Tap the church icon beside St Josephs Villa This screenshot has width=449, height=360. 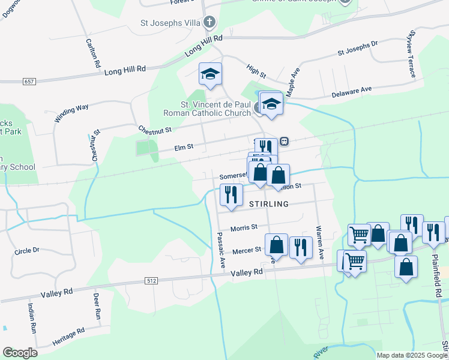(209, 23)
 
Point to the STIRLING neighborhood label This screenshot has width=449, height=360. (268, 204)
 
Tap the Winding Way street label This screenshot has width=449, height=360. (71, 112)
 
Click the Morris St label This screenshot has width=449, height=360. (244, 227)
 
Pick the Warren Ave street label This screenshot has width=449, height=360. (320, 242)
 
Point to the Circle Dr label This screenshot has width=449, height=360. (27, 250)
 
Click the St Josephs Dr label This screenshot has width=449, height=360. (358, 47)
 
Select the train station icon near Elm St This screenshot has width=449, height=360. (284, 141)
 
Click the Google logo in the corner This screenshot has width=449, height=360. (20, 352)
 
